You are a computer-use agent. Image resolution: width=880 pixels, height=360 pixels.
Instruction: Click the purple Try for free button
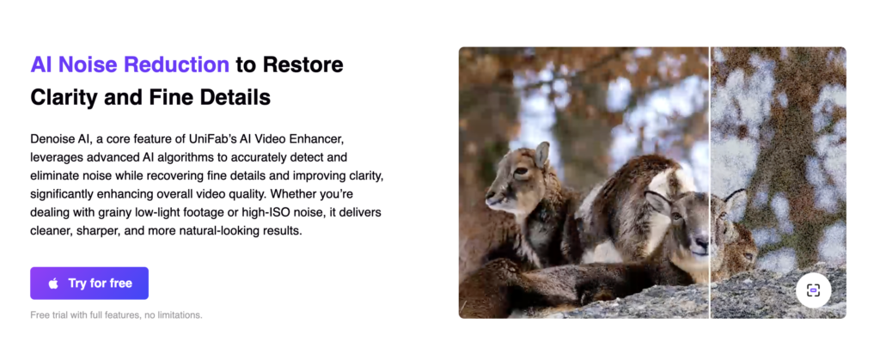[x=89, y=283]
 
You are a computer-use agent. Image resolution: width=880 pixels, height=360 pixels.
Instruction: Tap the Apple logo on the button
[x=53, y=283]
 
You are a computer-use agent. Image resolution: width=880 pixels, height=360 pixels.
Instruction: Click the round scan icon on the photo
[x=813, y=290]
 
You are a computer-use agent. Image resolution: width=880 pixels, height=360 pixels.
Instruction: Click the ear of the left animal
[x=541, y=155]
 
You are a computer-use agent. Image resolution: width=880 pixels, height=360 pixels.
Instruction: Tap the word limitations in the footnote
[x=178, y=315]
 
